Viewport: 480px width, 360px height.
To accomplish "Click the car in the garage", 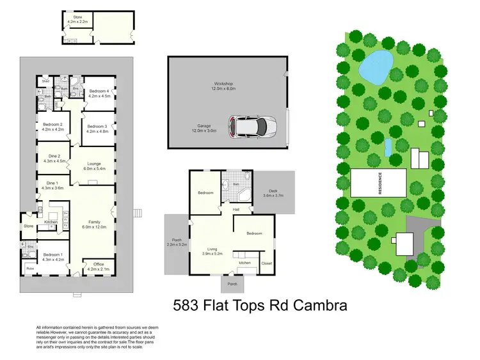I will [x=253, y=126].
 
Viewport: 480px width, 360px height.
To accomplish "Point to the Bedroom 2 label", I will [x=52, y=126].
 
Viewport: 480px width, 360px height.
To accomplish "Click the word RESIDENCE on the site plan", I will [x=380, y=184].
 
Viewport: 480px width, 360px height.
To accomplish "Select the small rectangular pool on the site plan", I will [x=388, y=148].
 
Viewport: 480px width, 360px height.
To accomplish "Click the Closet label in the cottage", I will [x=267, y=263].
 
